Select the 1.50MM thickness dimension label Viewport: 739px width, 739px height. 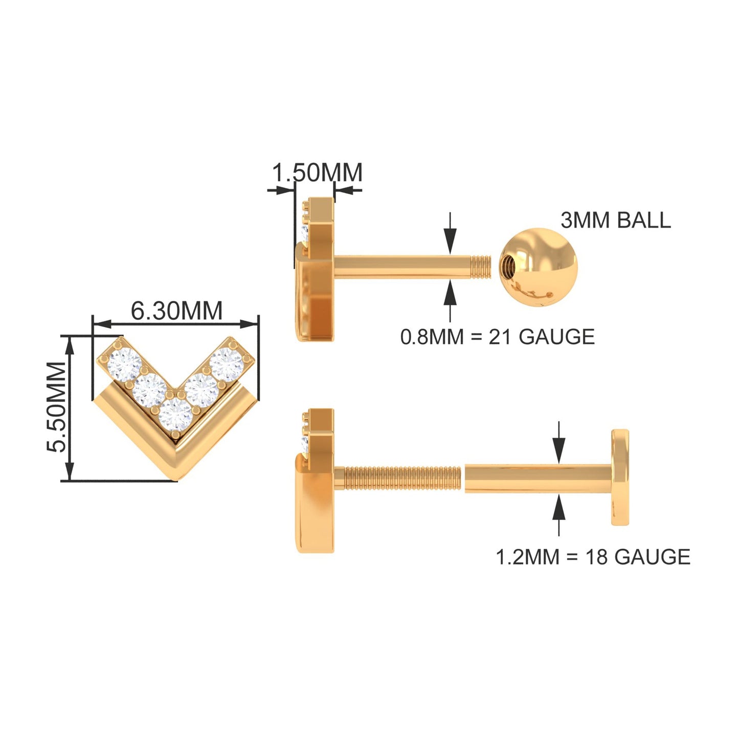(317, 172)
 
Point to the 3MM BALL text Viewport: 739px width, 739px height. (616, 220)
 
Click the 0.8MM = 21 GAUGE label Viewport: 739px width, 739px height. (498, 337)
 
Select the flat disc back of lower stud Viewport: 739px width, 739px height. (620, 477)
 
